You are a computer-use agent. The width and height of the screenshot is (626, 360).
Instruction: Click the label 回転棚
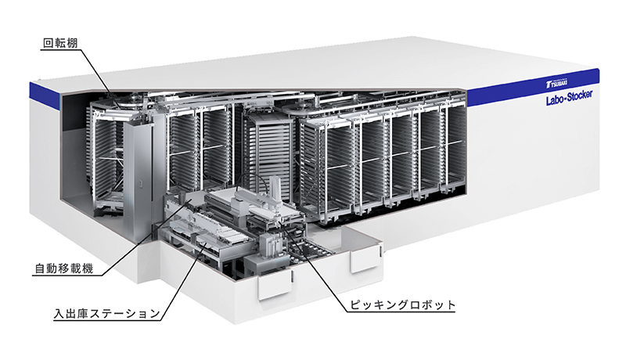click(60, 43)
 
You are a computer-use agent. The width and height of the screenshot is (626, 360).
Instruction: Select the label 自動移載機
click(64, 268)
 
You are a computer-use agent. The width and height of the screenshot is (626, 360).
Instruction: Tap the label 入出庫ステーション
click(107, 314)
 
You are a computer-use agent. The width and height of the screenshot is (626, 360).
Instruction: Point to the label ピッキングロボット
click(402, 305)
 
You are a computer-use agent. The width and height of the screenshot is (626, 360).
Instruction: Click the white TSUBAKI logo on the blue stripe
click(556, 84)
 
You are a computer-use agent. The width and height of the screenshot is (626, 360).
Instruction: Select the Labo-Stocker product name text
click(570, 97)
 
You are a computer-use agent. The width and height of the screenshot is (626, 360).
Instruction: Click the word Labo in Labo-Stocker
click(555, 100)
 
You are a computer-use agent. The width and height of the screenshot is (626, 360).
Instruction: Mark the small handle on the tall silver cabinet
click(140, 184)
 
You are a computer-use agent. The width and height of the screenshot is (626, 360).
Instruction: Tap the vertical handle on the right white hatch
click(380, 251)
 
